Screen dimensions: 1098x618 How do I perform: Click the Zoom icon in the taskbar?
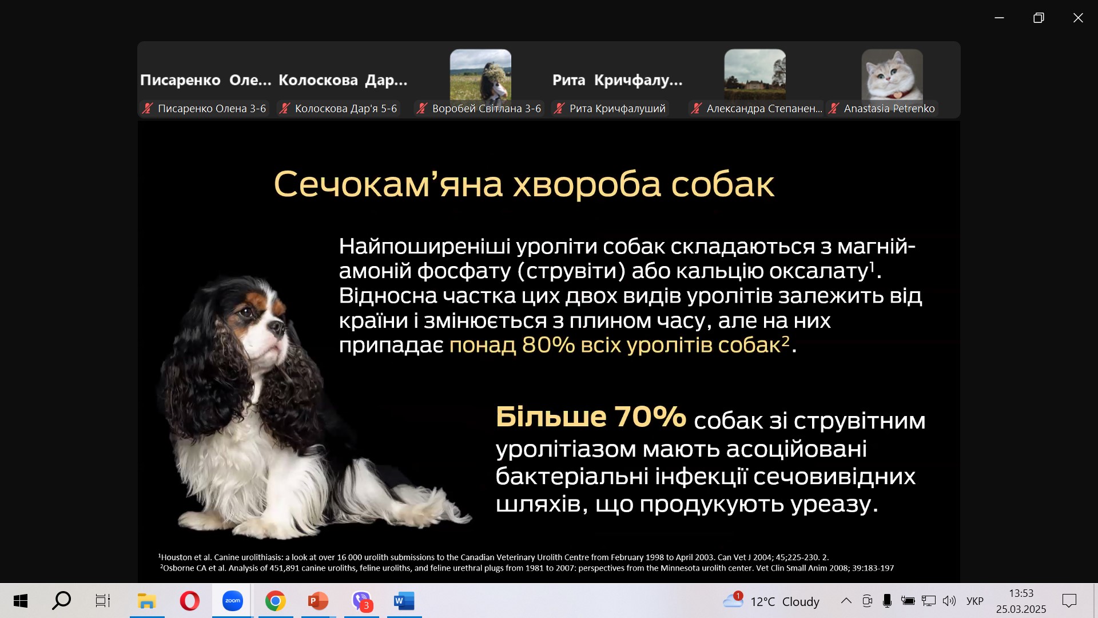tap(232, 601)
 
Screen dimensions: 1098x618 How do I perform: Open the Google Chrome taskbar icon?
tap(275, 601)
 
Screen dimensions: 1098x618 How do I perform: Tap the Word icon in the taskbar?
tap(404, 601)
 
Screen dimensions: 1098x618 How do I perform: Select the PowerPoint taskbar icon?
tap(318, 601)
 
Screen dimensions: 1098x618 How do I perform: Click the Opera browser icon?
tap(190, 601)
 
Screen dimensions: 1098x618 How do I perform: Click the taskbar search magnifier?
tap(61, 600)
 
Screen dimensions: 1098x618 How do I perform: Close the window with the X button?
tap(1078, 18)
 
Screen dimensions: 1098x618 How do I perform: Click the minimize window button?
tap(999, 18)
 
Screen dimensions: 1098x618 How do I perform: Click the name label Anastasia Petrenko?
tap(889, 108)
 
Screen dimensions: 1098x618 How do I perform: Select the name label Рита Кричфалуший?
tap(618, 108)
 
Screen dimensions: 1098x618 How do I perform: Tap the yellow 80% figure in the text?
tap(548, 344)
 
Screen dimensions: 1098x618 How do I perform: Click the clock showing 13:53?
tap(1021, 593)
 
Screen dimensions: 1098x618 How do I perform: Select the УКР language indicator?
tap(975, 601)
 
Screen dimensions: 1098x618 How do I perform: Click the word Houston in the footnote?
tap(177, 557)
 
